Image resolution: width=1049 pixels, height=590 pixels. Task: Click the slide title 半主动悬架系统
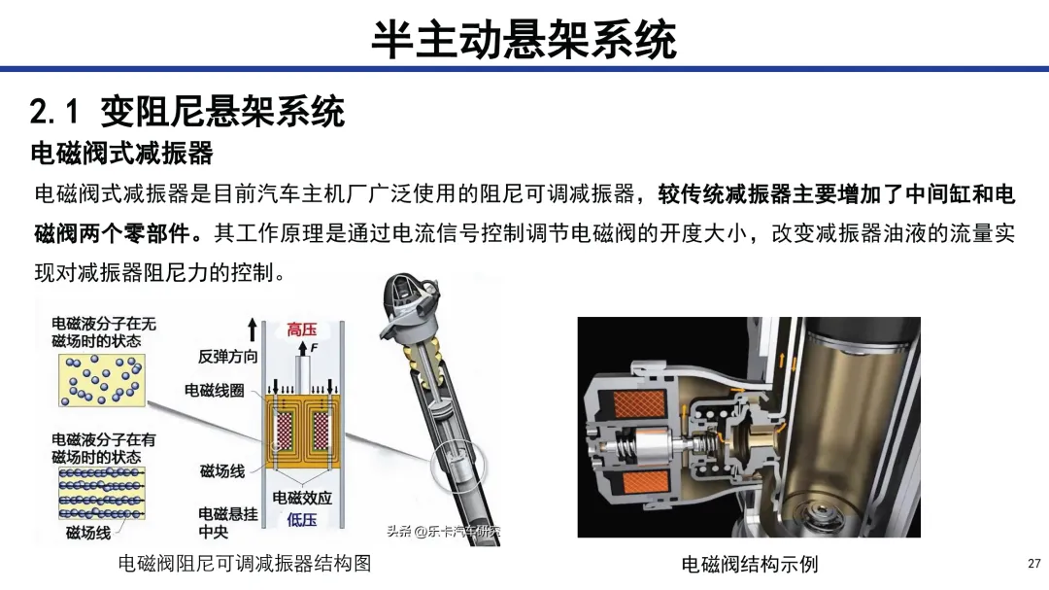(x=524, y=39)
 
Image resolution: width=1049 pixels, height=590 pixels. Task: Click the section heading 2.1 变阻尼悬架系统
(x=187, y=111)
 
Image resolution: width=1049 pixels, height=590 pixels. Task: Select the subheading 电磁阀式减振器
(x=121, y=154)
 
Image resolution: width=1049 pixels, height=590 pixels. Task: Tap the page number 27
(x=1034, y=563)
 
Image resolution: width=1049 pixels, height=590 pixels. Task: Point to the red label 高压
(x=302, y=330)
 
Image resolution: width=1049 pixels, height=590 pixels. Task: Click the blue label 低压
(x=302, y=520)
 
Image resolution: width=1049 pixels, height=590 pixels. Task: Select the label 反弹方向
(x=227, y=357)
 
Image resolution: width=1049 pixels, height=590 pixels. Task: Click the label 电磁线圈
(x=214, y=390)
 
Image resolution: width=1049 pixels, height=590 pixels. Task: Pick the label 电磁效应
(x=302, y=498)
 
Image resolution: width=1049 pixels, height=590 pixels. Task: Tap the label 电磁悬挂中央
(x=227, y=522)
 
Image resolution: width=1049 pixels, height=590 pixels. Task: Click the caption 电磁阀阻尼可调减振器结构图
(x=245, y=563)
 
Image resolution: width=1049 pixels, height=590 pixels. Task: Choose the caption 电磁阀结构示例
(x=749, y=564)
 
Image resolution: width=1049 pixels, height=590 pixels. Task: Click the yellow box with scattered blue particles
(x=102, y=380)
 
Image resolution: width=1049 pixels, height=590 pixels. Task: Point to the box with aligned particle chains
(x=102, y=494)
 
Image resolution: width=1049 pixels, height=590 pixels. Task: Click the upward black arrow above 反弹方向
(x=253, y=330)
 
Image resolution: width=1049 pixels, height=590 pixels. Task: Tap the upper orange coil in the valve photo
(x=639, y=403)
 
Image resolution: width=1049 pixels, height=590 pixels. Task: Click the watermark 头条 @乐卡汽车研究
(x=444, y=532)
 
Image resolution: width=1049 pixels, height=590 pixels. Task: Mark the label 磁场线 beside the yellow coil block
(x=222, y=470)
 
